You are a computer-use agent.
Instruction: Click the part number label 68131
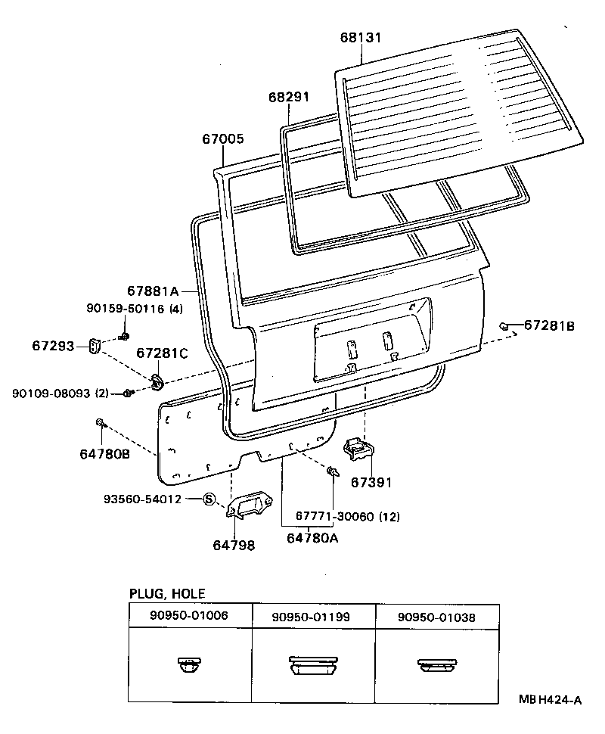click(360, 38)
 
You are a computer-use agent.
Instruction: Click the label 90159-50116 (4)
click(134, 308)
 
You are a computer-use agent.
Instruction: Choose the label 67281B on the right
click(550, 325)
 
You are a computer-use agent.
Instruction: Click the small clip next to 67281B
click(504, 325)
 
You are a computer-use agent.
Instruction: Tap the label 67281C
click(162, 353)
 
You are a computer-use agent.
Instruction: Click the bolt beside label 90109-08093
click(129, 392)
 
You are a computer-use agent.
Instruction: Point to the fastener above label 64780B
click(100, 421)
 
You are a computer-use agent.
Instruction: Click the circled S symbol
click(209, 499)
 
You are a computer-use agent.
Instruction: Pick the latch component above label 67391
click(358, 449)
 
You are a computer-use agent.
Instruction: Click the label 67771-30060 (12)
click(347, 516)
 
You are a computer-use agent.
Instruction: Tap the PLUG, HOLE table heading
click(167, 594)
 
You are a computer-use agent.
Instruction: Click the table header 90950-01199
click(311, 617)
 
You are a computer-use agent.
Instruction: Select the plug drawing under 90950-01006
click(188, 664)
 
